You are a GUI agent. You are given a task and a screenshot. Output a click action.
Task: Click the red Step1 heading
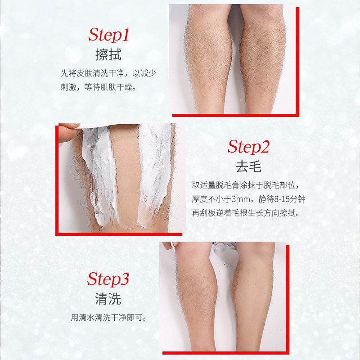(x=108, y=34)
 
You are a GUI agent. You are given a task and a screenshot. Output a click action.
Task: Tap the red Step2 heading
(x=248, y=147)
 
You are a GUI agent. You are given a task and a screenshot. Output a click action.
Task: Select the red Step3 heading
(x=108, y=279)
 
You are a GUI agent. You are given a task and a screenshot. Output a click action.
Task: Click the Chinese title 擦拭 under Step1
(x=108, y=54)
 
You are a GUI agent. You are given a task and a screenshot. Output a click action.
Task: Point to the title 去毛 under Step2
(x=248, y=167)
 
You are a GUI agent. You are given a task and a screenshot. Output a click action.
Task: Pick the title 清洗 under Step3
(x=108, y=298)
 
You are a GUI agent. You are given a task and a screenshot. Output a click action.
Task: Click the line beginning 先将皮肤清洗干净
(x=108, y=73)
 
